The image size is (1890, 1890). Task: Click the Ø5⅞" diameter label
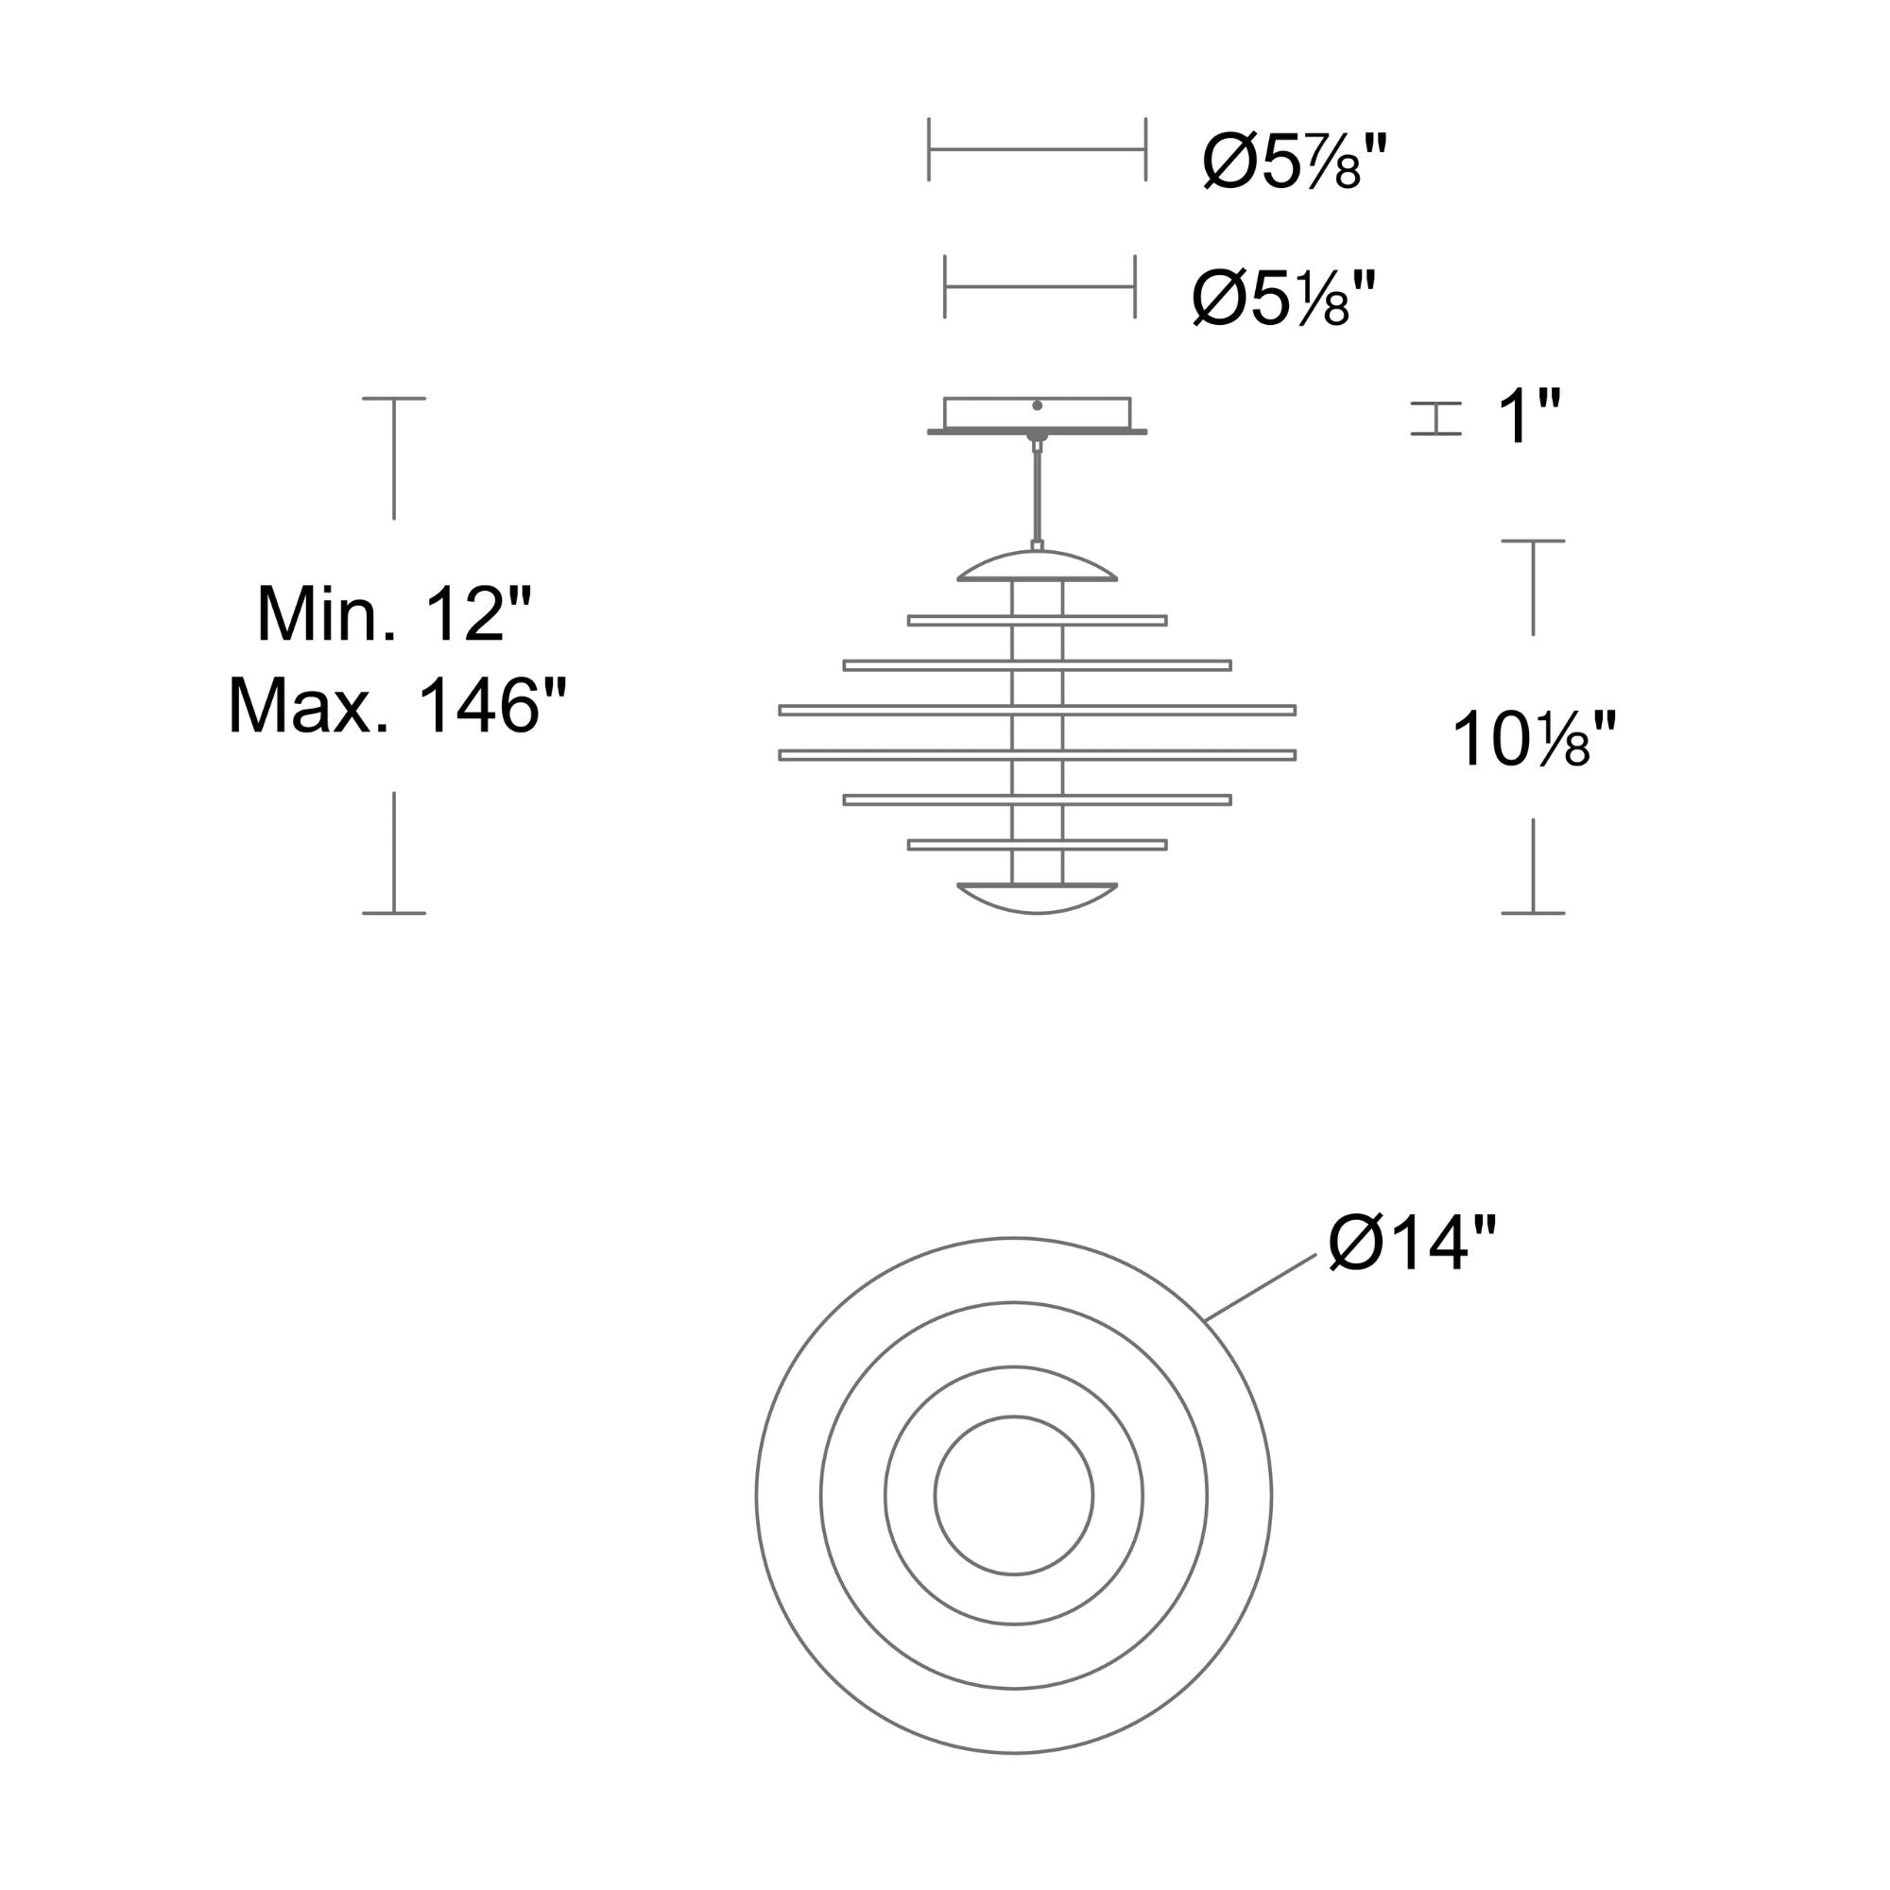[1295, 161]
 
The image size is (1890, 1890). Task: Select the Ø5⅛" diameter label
[1283, 298]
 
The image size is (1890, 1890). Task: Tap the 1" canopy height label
[1529, 417]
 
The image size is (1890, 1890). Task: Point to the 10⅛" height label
[1534, 740]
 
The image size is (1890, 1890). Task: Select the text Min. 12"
[394, 613]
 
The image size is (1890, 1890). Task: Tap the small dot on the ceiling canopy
[1037, 405]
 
